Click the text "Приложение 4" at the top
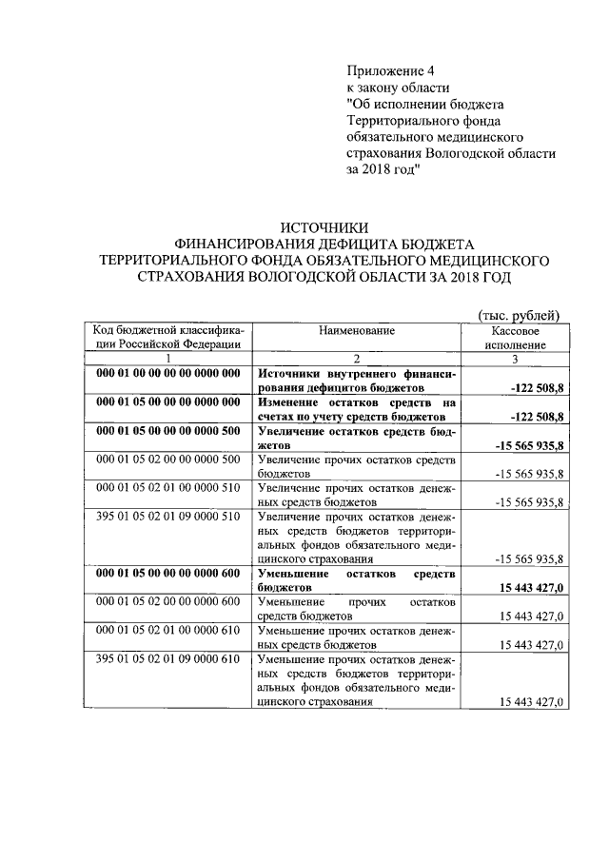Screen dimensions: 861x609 point(389,70)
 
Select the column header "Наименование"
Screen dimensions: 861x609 point(357,330)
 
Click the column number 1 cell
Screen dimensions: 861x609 point(167,359)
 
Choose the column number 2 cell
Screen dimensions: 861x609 point(357,359)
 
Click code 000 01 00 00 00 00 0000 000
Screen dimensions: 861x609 point(167,374)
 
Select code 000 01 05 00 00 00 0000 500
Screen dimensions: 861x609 point(167,431)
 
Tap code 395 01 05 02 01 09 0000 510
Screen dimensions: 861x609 point(167,517)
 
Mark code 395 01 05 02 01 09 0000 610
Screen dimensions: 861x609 point(167,659)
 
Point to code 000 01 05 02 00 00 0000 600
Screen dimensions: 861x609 point(167,602)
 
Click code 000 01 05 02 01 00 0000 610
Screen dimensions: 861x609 point(167,631)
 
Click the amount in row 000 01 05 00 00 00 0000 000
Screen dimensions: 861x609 point(537,417)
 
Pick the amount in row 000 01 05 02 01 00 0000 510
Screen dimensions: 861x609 point(530,502)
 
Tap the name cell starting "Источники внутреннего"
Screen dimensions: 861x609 point(357,381)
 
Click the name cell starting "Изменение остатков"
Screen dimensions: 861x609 point(357,409)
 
